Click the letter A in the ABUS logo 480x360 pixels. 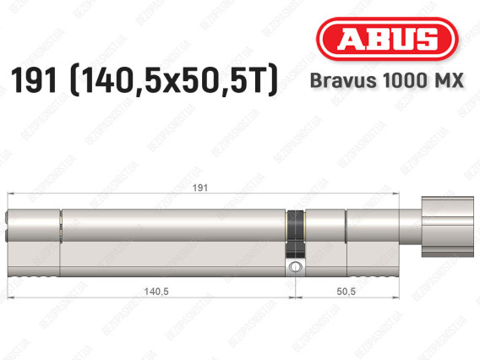(x=348, y=39)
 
